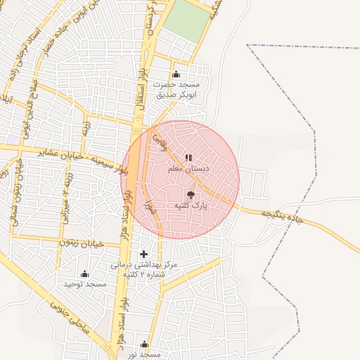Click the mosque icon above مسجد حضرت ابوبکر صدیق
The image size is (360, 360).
pyautogui.click(x=176, y=75)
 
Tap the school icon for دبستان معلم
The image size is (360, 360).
pyautogui.click(x=188, y=157)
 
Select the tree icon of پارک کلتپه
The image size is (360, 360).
pyautogui.click(x=191, y=195)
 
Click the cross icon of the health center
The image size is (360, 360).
pyautogui.click(x=144, y=254)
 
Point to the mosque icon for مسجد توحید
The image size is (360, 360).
pyautogui.click(x=85, y=274)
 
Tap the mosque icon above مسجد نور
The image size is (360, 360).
pyautogui.click(x=144, y=344)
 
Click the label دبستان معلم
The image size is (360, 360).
pyautogui.click(x=185, y=169)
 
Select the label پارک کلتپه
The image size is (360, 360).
pyautogui.click(x=190, y=207)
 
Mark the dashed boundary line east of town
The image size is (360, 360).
pyautogui.click(x=289, y=176)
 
